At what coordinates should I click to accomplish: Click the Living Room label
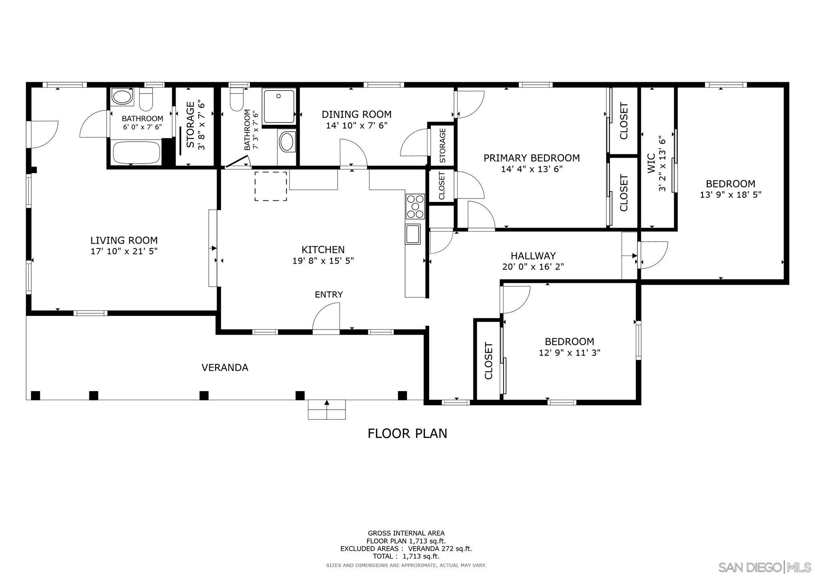(124, 240)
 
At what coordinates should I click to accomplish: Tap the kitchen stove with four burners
(415, 206)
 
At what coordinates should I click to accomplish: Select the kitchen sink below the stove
(413, 234)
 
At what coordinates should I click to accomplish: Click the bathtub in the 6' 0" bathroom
(137, 152)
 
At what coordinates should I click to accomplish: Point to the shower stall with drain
(279, 106)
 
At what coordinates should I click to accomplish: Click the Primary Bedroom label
(532, 158)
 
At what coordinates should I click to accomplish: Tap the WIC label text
(651, 163)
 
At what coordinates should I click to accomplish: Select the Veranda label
(225, 368)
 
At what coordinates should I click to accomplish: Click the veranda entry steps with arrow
(327, 409)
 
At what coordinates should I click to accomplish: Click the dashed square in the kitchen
(271, 186)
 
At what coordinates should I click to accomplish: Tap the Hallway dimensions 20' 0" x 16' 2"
(533, 266)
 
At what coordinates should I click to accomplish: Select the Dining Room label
(357, 114)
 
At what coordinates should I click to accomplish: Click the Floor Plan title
(407, 434)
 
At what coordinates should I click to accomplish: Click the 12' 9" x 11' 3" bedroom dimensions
(570, 353)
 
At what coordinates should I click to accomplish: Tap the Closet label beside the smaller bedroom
(488, 361)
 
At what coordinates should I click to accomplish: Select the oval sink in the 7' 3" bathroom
(286, 142)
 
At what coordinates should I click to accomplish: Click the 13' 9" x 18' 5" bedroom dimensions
(731, 195)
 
